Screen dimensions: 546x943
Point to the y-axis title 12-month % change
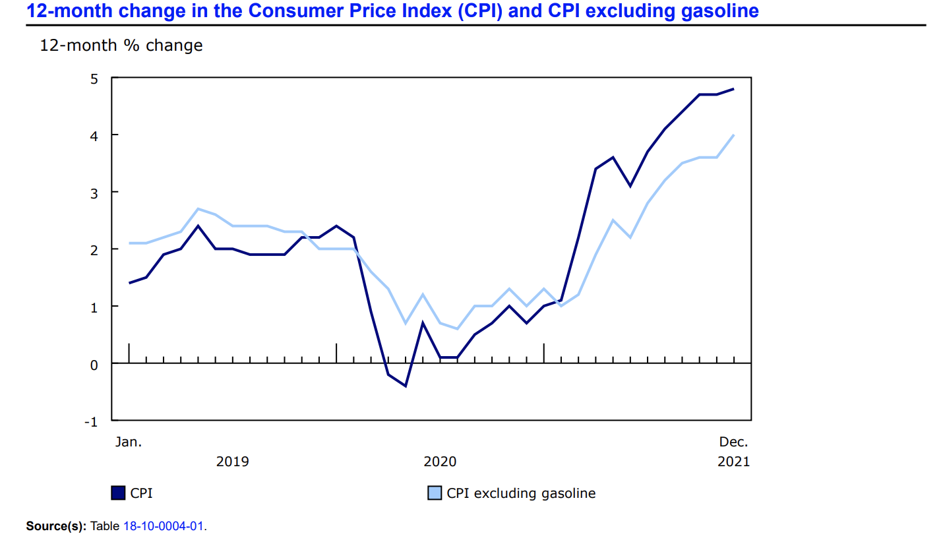121,45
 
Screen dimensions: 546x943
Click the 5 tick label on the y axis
94,78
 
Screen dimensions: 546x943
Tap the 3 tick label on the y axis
94,193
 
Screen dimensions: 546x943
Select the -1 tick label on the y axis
91,421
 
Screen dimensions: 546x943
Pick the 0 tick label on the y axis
94,364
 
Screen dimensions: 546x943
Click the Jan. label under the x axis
129,442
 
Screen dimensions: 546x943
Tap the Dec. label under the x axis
733,442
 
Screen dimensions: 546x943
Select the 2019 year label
233,462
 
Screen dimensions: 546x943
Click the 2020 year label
440,462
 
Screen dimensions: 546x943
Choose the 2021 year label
733,462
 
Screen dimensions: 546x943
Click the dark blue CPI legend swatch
119,493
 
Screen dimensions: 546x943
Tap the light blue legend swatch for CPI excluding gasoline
435,493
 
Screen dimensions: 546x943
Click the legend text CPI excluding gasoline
521,493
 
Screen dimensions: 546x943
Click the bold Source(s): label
56,526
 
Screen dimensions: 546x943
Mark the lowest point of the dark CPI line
405,386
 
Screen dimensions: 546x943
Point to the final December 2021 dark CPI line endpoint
734,89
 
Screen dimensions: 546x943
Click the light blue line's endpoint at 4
734,135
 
